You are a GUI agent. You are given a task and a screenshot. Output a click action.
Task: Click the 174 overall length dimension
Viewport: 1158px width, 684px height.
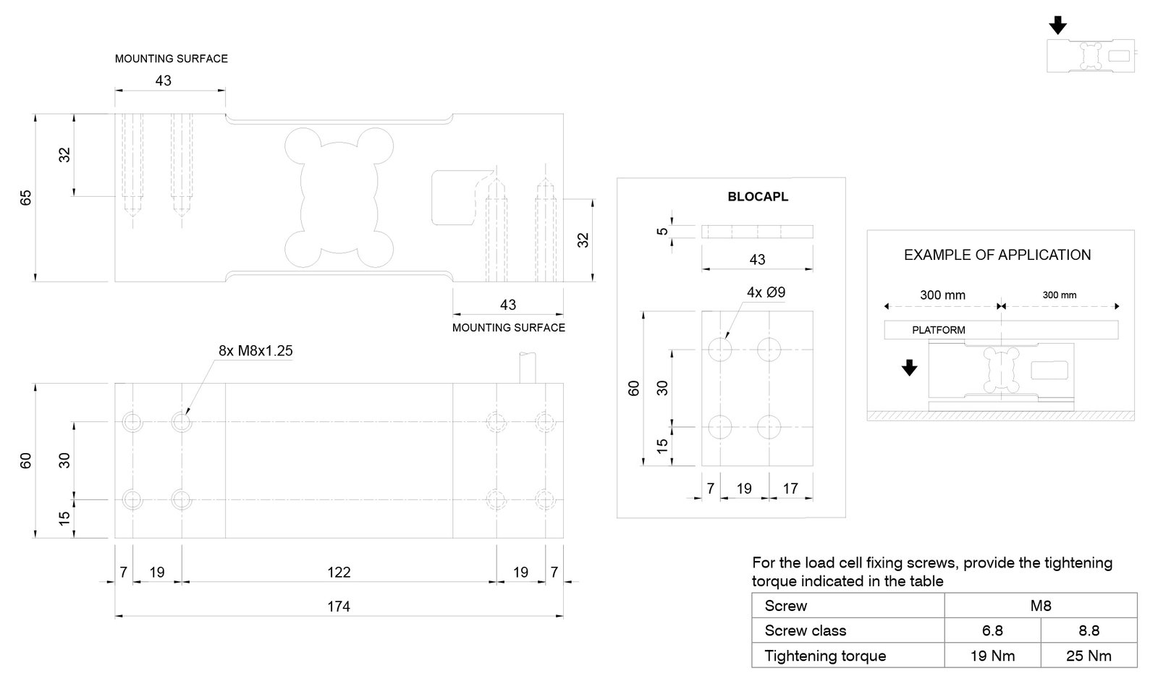click(339, 606)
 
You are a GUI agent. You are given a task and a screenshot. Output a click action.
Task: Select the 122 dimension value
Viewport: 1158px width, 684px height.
click(339, 572)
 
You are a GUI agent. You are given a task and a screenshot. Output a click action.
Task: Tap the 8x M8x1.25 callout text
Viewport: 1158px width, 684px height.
click(255, 351)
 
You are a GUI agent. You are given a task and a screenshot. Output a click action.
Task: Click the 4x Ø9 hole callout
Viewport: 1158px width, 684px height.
click(766, 292)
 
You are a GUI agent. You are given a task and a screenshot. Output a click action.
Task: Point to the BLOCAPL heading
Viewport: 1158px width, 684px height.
click(758, 197)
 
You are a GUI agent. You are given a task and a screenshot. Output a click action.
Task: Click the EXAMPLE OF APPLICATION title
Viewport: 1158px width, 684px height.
click(997, 255)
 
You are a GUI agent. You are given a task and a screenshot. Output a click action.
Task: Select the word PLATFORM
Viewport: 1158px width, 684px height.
click(938, 330)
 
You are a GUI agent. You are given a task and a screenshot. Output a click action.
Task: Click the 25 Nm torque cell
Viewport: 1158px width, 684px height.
click(1089, 656)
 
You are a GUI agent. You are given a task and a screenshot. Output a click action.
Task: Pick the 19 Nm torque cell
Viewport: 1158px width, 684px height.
click(992, 656)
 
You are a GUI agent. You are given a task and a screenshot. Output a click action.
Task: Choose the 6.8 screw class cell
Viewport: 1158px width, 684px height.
click(992, 630)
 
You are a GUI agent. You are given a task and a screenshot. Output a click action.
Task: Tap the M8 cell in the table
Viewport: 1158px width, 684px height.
click(1040, 606)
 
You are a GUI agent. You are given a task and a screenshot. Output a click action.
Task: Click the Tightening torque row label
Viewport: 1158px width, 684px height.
click(825, 656)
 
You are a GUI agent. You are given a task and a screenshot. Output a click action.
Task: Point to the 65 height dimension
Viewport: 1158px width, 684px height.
click(26, 198)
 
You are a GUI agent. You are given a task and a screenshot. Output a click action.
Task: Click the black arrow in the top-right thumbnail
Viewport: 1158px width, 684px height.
click(1057, 26)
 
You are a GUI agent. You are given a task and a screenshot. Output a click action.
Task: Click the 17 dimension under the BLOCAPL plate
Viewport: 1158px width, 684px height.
click(790, 489)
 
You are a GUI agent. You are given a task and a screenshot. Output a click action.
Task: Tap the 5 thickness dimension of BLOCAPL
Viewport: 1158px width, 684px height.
click(662, 232)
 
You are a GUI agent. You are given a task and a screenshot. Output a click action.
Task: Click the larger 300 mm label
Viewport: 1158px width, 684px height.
click(942, 295)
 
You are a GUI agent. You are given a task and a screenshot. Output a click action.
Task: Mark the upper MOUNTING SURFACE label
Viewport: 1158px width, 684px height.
click(171, 59)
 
